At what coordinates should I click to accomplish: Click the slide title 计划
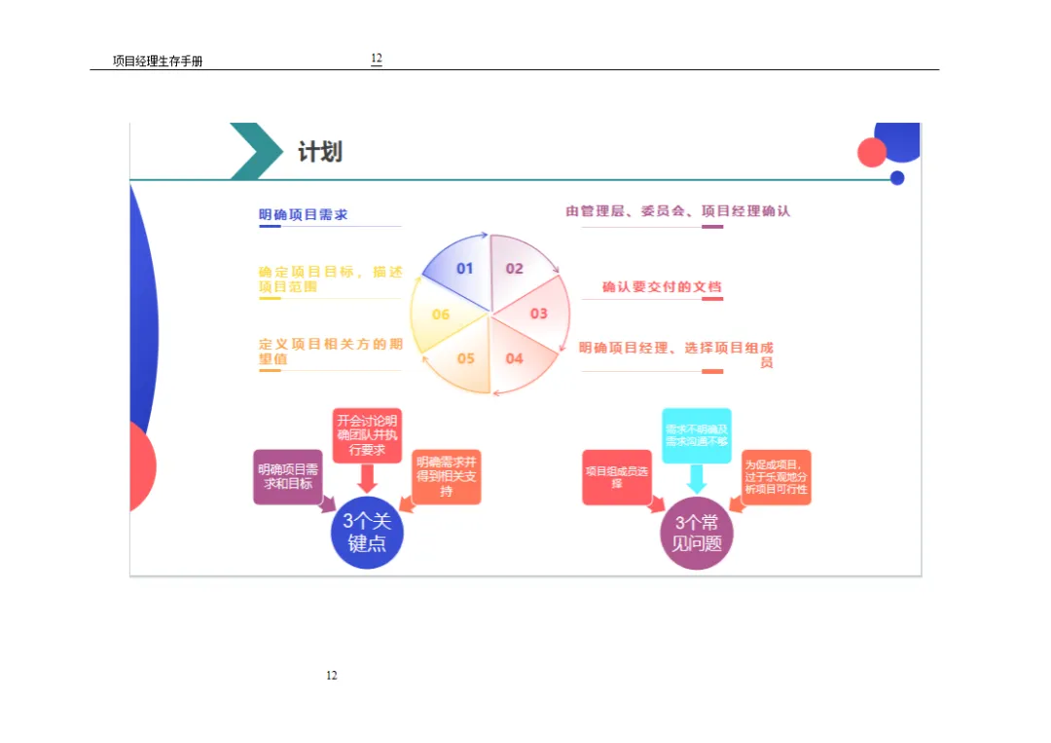coord(319,152)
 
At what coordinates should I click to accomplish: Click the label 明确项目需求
coord(303,214)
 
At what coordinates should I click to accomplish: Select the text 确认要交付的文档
coord(662,286)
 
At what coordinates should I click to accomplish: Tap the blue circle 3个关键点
coord(367,533)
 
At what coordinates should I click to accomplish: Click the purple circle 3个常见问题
coord(697,533)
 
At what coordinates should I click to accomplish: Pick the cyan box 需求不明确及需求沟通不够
coord(697,435)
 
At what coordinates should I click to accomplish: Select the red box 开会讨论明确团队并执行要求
coord(367,434)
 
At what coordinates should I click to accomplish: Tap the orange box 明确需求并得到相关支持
coord(447,476)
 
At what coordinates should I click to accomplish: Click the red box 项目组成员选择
coord(617,477)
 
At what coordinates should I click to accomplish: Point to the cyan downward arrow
coord(697,478)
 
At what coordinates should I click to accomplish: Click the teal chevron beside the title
coord(255,151)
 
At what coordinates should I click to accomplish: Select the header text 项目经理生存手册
coord(158,61)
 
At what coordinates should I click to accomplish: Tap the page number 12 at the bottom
coord(332,676)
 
